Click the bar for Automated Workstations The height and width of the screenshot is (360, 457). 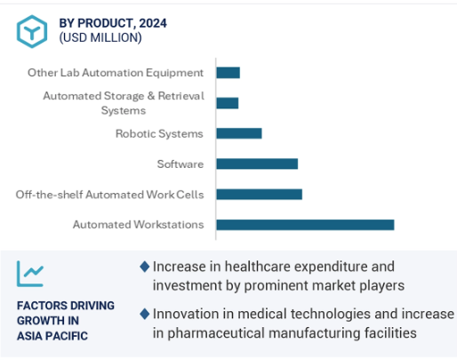click(305, 225)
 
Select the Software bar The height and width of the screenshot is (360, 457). click(257, 164)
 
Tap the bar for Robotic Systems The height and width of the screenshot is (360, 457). click(239, 133)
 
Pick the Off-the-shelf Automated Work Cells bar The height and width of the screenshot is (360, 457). click(260, 195)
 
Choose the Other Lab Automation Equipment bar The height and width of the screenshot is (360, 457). click(228, 73)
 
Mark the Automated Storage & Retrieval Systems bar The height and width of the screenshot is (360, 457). click(228, 103)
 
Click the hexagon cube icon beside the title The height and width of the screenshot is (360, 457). click(32, 31)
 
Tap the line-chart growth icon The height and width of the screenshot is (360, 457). click(30, 274)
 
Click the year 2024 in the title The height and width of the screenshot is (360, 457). click(153, 23)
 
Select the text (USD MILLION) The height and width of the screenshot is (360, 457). click(100, 38)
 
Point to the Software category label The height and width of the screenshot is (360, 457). click(180, 164)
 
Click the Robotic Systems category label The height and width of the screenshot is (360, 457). click(159, 134)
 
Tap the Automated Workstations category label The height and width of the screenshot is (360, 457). click(139, 225)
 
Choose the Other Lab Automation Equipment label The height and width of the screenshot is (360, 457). click(116, 73)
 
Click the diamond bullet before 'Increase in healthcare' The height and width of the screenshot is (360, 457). click(145, 267)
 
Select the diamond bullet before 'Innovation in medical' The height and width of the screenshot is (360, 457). click(145, 314)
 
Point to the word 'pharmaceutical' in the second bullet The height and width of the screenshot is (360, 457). click(216, 333)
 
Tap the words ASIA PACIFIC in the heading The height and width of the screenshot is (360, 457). click(52, 336)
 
